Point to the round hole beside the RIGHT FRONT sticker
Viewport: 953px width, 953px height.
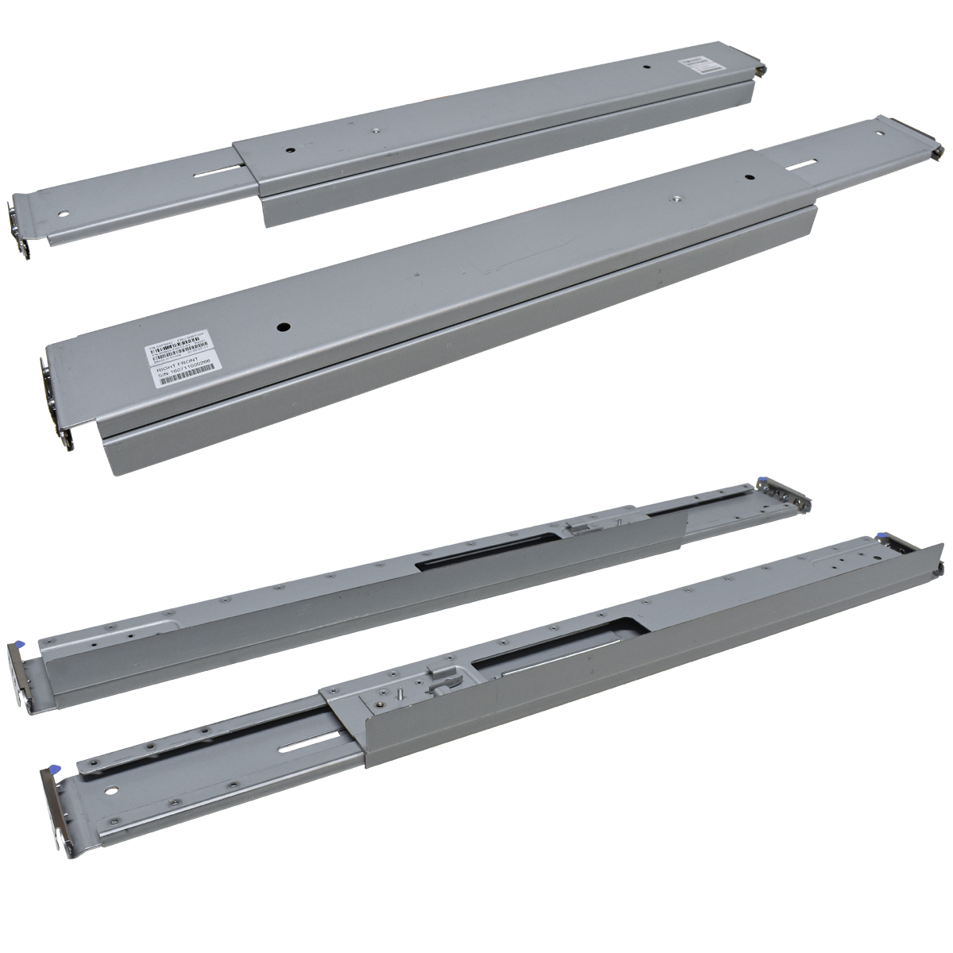(x=280, y=326)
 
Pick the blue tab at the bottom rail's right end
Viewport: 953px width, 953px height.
(x=883, y=537)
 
